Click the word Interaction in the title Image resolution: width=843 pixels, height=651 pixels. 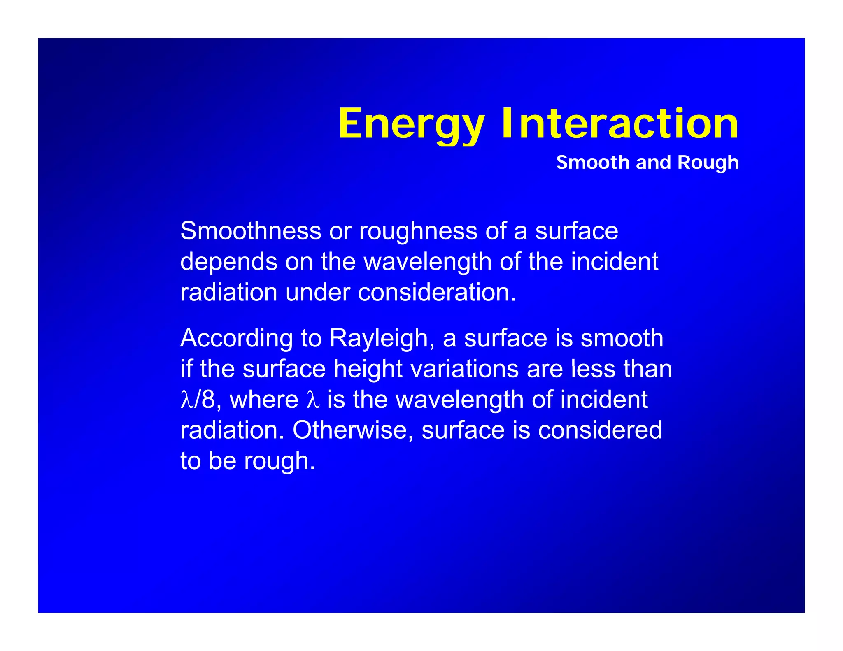tap(620, 124)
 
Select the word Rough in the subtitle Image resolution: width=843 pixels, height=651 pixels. tap(708, 163)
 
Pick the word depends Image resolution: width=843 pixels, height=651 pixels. tap(229, 262)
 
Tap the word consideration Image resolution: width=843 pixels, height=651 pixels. tap(437, 292)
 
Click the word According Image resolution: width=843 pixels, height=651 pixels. tap(236, 338)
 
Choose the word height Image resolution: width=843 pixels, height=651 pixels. tap(368, 369)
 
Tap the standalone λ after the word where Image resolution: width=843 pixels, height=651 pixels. tap(313, 400)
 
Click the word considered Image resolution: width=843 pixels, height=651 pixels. tap(600, 430)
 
